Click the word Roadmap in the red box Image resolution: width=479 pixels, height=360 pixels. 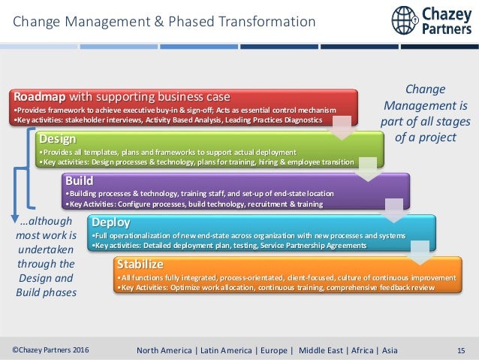point(39,97)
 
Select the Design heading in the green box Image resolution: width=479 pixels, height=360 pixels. point(57,139)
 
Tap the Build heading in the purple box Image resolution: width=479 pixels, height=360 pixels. point(80,180)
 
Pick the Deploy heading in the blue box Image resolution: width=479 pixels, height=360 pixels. point(110,222)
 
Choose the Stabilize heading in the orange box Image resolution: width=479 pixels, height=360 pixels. point(140,264)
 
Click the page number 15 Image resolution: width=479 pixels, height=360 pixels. point(462,349)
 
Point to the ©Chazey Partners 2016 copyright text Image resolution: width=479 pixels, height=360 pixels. point(50,349)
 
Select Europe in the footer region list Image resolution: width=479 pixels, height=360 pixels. point(271,349)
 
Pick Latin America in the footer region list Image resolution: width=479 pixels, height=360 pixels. point(223,349)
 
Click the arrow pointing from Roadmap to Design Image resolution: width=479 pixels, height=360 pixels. point(342,128)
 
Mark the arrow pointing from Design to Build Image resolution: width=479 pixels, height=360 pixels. point(368,170)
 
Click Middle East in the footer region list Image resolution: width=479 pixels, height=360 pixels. point(322,349)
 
